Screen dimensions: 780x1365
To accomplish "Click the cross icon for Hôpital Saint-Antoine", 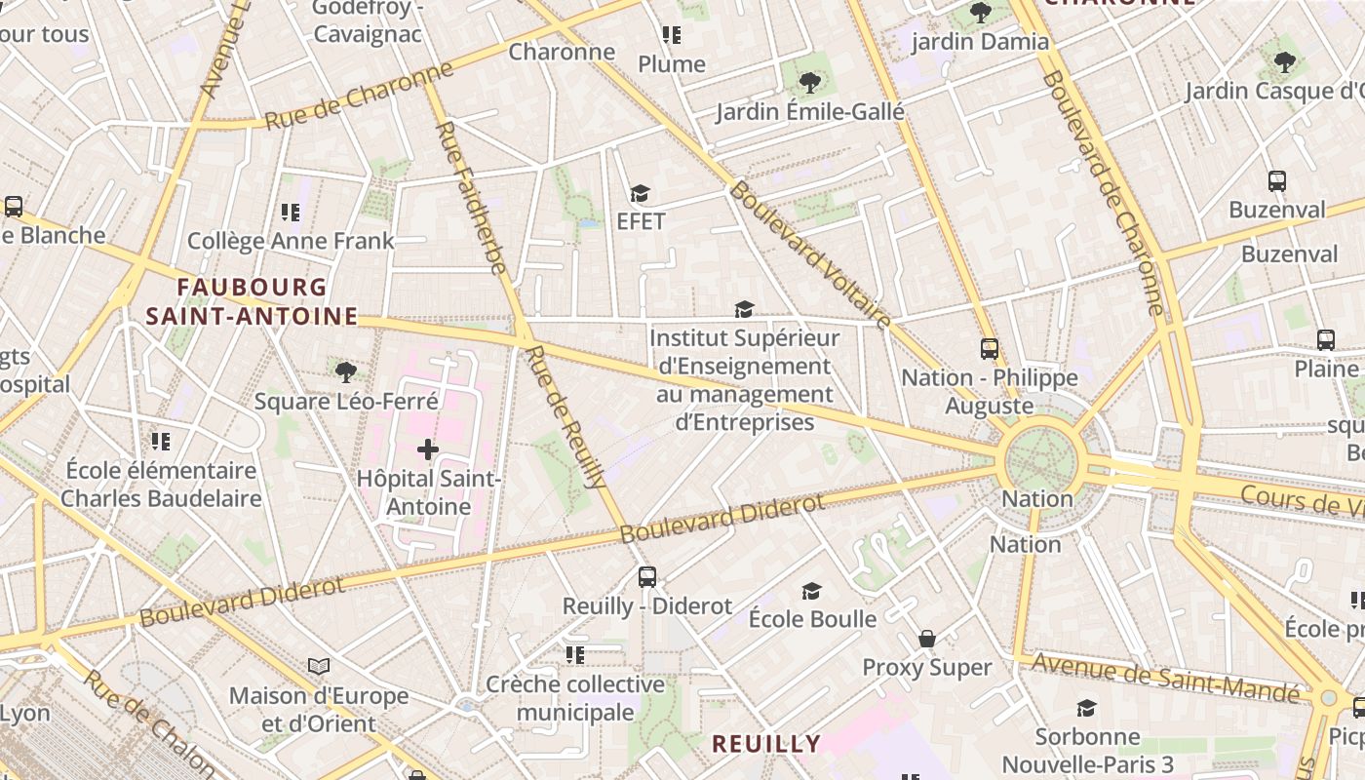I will click(x=427, y=449).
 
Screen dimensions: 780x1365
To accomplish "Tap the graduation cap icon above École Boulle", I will click(x=811, y=591).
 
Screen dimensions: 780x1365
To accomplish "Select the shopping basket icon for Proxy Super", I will click(x=927, y=639).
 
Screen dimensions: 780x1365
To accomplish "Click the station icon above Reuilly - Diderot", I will click(x=647, y=576).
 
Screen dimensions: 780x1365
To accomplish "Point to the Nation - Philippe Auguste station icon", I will click(x=990, y=348).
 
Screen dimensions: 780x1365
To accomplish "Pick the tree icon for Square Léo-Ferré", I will click(x=345, y=371).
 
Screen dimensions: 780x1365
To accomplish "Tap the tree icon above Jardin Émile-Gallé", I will click(x=809, y=83).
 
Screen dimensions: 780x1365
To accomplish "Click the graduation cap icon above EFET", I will click(x=640, y=193).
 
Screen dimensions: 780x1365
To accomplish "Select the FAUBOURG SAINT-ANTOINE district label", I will click(x=252, y=301).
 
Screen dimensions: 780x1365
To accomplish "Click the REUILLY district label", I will click(x=765, y=744).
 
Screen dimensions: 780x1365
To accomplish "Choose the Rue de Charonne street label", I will click(x=360, y=96).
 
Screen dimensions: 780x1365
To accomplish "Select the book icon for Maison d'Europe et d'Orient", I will click(x=319, y=667).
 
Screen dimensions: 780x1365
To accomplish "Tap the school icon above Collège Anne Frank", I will click(x=291, y=212).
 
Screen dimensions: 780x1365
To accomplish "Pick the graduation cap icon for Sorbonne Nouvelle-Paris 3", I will click(x=1086, y=708).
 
